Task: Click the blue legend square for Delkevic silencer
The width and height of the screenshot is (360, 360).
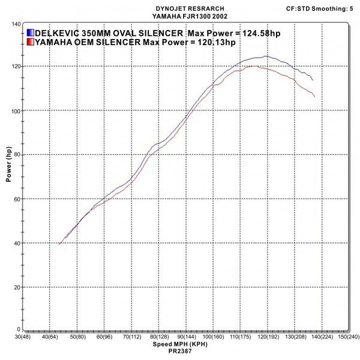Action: [30, 32]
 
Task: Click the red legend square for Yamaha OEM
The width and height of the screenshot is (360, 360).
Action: [30, 42]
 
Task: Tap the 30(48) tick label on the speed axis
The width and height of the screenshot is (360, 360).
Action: [23, 338]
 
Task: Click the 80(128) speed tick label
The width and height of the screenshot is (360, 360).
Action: [159, 338]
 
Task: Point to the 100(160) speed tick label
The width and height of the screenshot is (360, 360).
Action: [213, 338]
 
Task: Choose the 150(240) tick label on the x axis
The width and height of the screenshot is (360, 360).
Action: [348, 338]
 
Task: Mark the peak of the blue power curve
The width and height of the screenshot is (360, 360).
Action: [265, 56]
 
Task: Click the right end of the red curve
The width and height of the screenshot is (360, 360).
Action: [314, 97]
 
